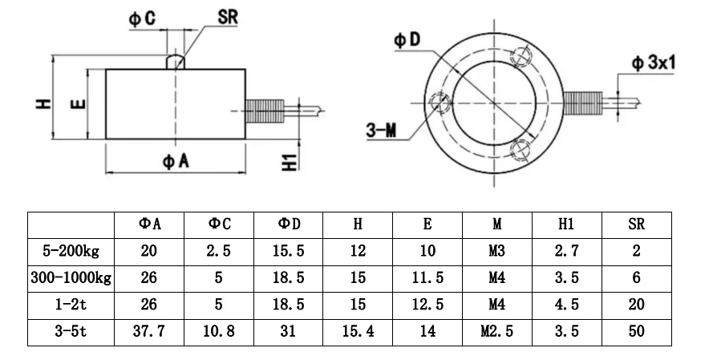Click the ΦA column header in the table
pyautogui.click(x=150, y=225)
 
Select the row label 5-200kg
pyautogui.click(x=71, y=252)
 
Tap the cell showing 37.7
pyautogui.click(x=150, y=330)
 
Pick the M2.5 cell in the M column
pyautogui.click(x=496, y=330)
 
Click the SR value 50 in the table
pyautogui.click(x=636, y=330)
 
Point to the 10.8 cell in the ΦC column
pyautogui.click(x=218, y=330)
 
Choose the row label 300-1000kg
pyautogui.click(x=71, y=278)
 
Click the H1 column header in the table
pyautogui.click(x=565, y=225)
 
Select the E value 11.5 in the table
pyautogui.click(x=427, y=278)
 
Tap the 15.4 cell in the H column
pyautogui.click(x=358, y=330)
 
